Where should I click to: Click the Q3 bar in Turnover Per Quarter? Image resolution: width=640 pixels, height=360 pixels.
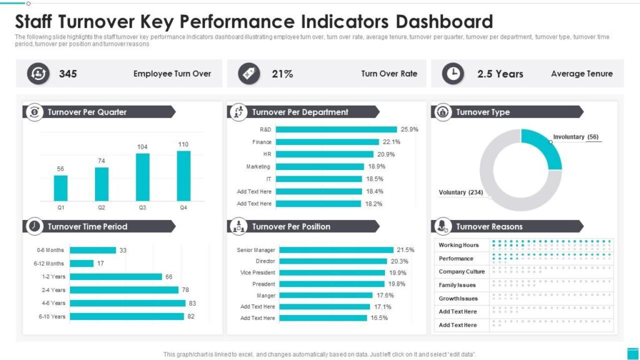pos(142,177)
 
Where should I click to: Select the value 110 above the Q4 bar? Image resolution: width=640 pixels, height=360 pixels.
pos(183,144)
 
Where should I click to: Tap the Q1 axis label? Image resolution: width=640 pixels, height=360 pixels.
pos(61,207)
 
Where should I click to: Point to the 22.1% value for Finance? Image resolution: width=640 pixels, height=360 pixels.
pos(391,142)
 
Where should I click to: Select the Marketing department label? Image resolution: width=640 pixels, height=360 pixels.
pos(258,167)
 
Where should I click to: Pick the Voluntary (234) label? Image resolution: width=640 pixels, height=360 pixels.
pos(461,192)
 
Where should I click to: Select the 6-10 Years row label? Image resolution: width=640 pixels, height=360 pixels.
pos(52,317)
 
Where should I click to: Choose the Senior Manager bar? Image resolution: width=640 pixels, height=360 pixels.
pos(336,250)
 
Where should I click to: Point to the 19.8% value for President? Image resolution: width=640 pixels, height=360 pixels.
pos(398,284)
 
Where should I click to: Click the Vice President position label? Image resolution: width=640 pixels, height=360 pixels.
pos(257,272)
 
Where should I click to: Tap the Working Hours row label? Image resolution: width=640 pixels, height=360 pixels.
pos(459,245)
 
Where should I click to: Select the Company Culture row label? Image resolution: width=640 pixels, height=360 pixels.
pos(461,272)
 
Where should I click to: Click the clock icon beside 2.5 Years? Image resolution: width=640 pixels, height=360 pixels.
pos(453,74)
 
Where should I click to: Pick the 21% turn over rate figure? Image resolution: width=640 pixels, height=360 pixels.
pos(282,74)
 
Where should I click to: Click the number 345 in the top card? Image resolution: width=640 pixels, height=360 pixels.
pos(68,74)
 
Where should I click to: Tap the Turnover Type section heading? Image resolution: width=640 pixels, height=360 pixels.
pos(482,112)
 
